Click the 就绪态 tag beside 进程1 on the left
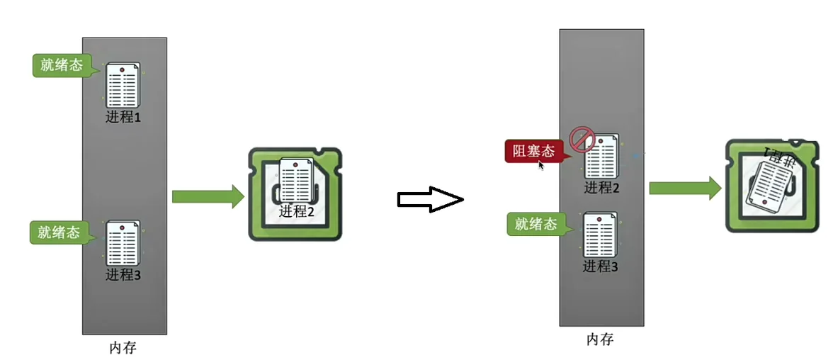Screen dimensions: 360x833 pyautogui.click(x=61, y=65)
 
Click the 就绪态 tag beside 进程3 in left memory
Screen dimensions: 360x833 pyautogui.click(x=59, y=232)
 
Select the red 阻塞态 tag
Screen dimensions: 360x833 pyautogui.click(x=533, y=151)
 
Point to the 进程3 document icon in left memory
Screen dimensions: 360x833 pyautogui.click(x=123, y=243)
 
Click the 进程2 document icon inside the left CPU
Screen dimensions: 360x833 pyautogui.click(x=296, y=180)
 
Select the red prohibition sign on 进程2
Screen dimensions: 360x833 pyautogui.click(x=582, y=140)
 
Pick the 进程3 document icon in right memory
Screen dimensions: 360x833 pyautogui.click(x=600, y=235)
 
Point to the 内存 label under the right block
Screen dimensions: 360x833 pyautogui.click(x=600, y=339)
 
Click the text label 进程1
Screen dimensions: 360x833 pyautogui.click(x=123, y=117)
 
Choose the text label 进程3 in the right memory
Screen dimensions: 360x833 pyautogui.click(x=601, y=266)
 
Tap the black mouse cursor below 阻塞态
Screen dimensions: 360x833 pyautogui.click(x=540, y=165)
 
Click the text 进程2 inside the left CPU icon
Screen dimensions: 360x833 pyautogui.click(x=296, y=210)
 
